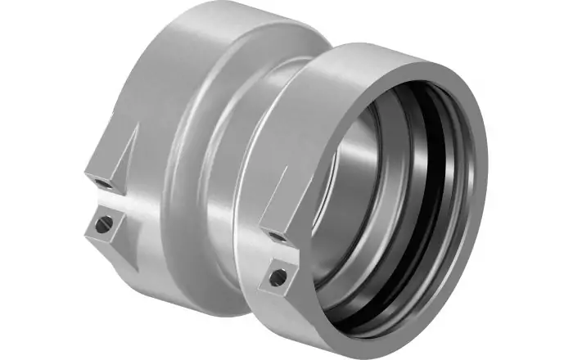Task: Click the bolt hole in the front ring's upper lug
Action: (277, 236)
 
